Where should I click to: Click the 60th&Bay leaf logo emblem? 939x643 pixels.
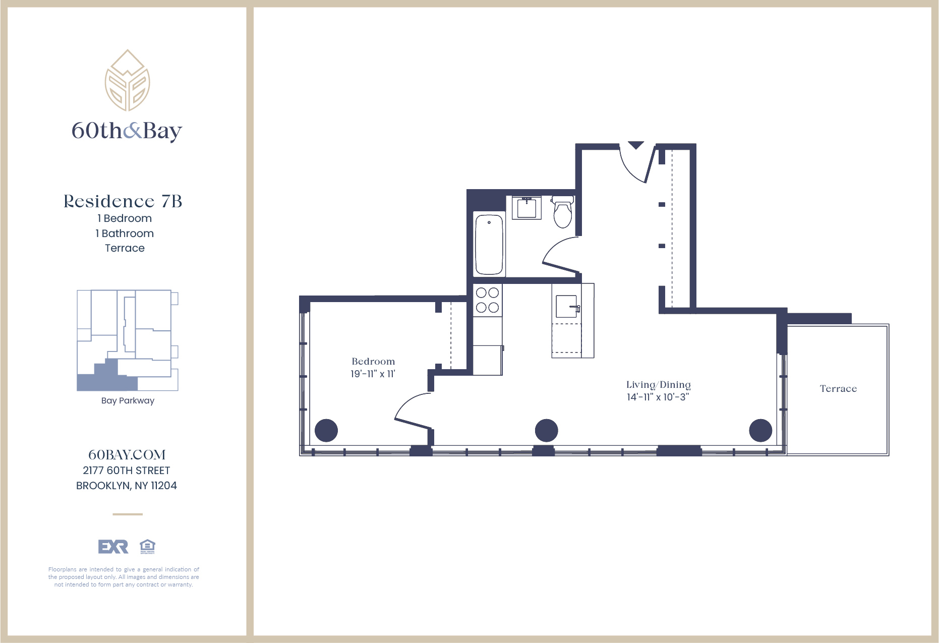point(127,81)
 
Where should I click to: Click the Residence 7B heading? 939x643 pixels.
point(123,201)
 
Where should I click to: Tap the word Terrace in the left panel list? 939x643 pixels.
point(125,248)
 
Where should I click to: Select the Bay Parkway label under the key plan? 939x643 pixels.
point(128,400)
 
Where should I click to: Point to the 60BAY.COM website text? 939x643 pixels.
point(127,455)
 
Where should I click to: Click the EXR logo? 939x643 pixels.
point(113,546)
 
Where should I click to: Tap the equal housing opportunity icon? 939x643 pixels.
point(147,546)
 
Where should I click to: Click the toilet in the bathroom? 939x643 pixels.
point(563,212)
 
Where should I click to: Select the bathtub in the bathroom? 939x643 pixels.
point(489,245)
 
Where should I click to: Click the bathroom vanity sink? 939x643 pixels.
point(526,208)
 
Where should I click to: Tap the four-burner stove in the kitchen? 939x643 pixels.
point(487,300)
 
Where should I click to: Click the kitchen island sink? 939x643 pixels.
point(567,306)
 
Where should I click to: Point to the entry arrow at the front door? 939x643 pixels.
point(636,145)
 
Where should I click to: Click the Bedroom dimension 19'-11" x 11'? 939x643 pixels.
point(373,374)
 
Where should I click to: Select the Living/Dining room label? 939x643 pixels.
point(658,385)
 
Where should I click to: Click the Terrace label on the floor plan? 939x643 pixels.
point(838,389)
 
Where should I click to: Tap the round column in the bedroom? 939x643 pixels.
point(326,431)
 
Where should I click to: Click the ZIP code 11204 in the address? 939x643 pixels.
point(164,486)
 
